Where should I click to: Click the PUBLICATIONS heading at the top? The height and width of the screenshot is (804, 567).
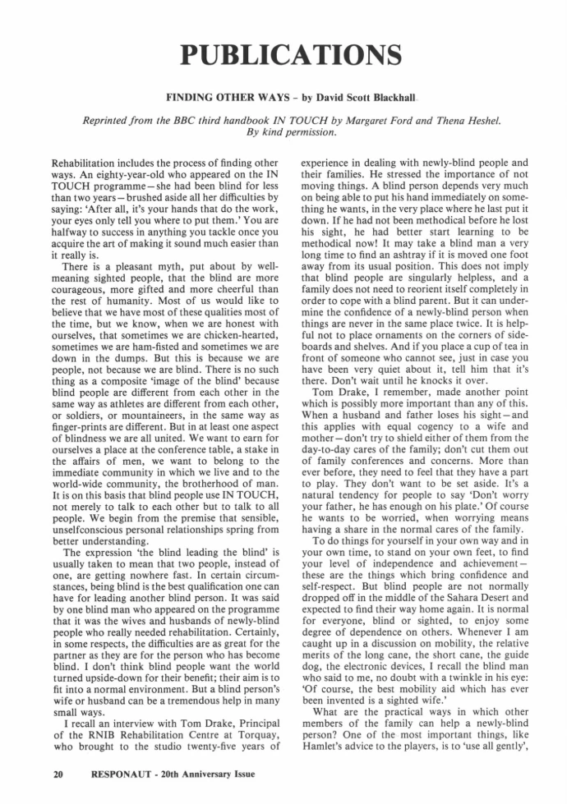pyautogui.click(x=283, y=54)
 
